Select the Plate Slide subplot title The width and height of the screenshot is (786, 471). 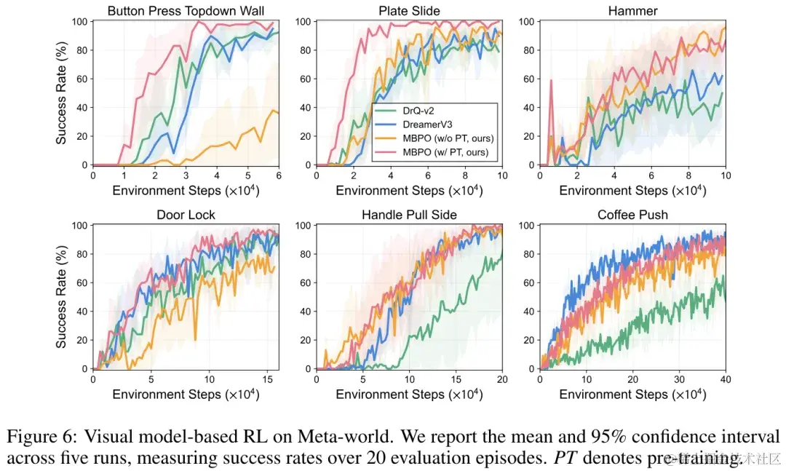coord(409,10)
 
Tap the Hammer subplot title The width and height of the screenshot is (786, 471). coord(632,10)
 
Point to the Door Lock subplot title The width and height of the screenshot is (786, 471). coord(185,215)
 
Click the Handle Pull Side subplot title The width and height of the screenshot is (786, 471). coord(409,215)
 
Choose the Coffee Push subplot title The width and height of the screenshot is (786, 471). coord(632,215)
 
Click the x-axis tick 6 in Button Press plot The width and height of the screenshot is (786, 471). coord(279,176)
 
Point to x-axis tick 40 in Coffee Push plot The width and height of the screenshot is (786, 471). coord(725,380)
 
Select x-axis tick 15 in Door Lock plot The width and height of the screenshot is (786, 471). coord(266,380)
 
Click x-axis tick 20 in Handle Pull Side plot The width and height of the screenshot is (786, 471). coord(502,380)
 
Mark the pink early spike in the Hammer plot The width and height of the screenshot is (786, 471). coord(551,81)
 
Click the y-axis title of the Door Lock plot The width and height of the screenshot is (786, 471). coord(62,297)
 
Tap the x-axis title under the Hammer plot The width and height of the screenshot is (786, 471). coord(632,191)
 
